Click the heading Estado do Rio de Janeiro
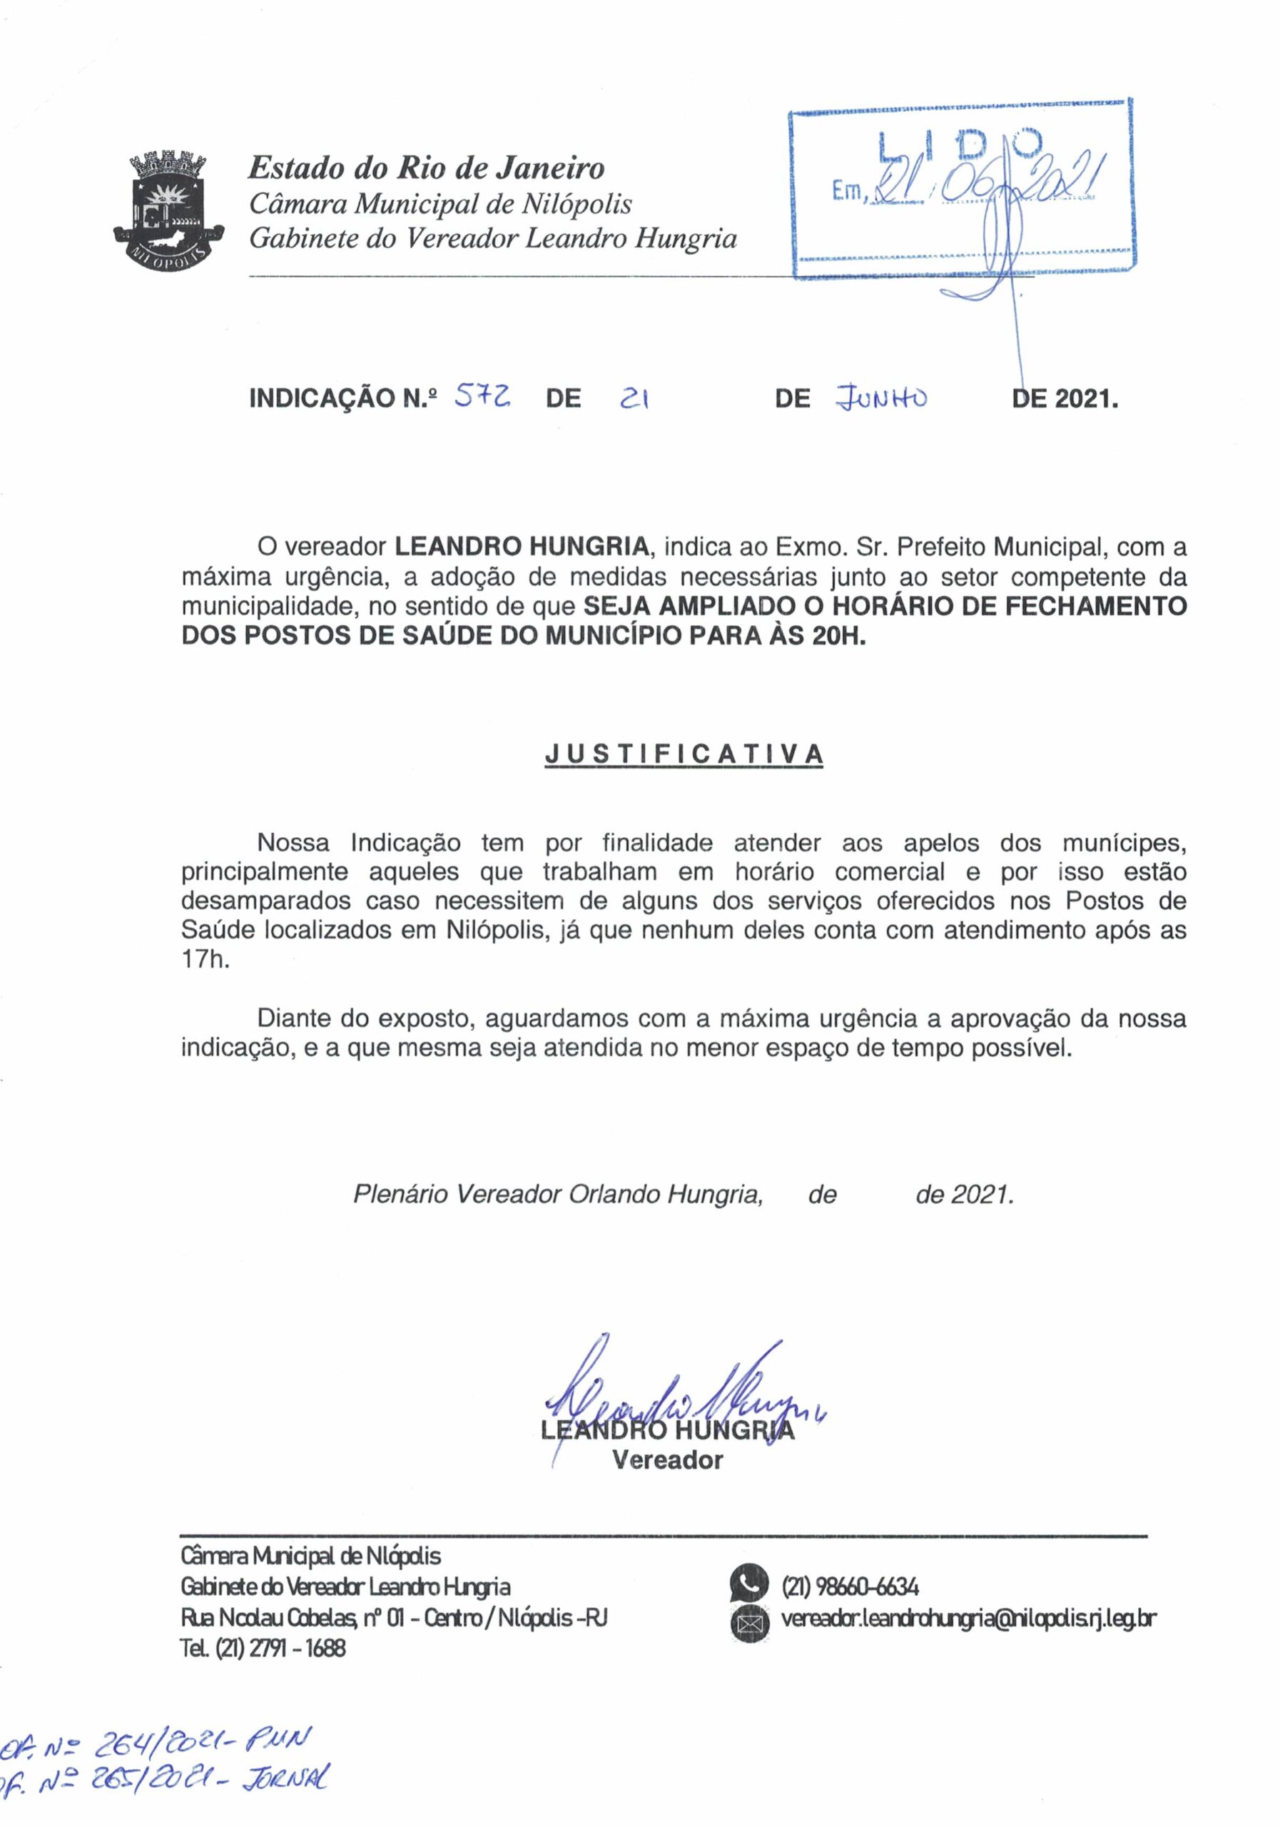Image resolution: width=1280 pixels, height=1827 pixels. coord(427,168)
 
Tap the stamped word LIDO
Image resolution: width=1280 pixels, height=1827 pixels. coord(960,146)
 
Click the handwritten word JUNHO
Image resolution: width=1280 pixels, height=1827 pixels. coord(883,395)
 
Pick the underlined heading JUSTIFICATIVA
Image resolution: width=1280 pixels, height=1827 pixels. coord(684,754)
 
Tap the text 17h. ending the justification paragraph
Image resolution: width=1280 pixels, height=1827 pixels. coord(205,959)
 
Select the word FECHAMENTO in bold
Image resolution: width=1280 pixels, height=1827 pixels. coord(1095,607)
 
